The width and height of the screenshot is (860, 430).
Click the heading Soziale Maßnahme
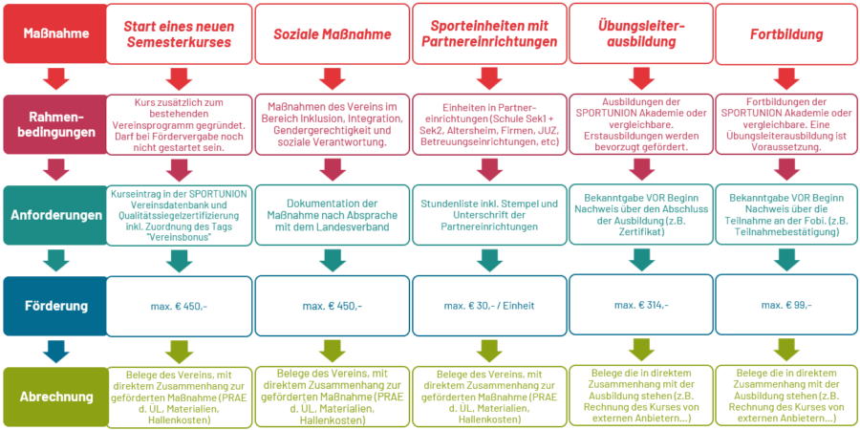pyautogui.click(x=333, y=33)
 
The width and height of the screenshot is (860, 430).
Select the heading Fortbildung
pyautogui.click(x=786, y=33)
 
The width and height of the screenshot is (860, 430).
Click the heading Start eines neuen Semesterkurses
pyautogui.click(x=179, y=33)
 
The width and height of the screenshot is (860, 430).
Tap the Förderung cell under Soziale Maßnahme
pyautogui.click(x=333, y=305)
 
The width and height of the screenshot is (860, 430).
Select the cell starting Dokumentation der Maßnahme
pyautogui.click(x=333, y=215)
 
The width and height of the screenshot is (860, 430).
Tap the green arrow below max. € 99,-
pyautogui.click(x=786, y=350)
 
